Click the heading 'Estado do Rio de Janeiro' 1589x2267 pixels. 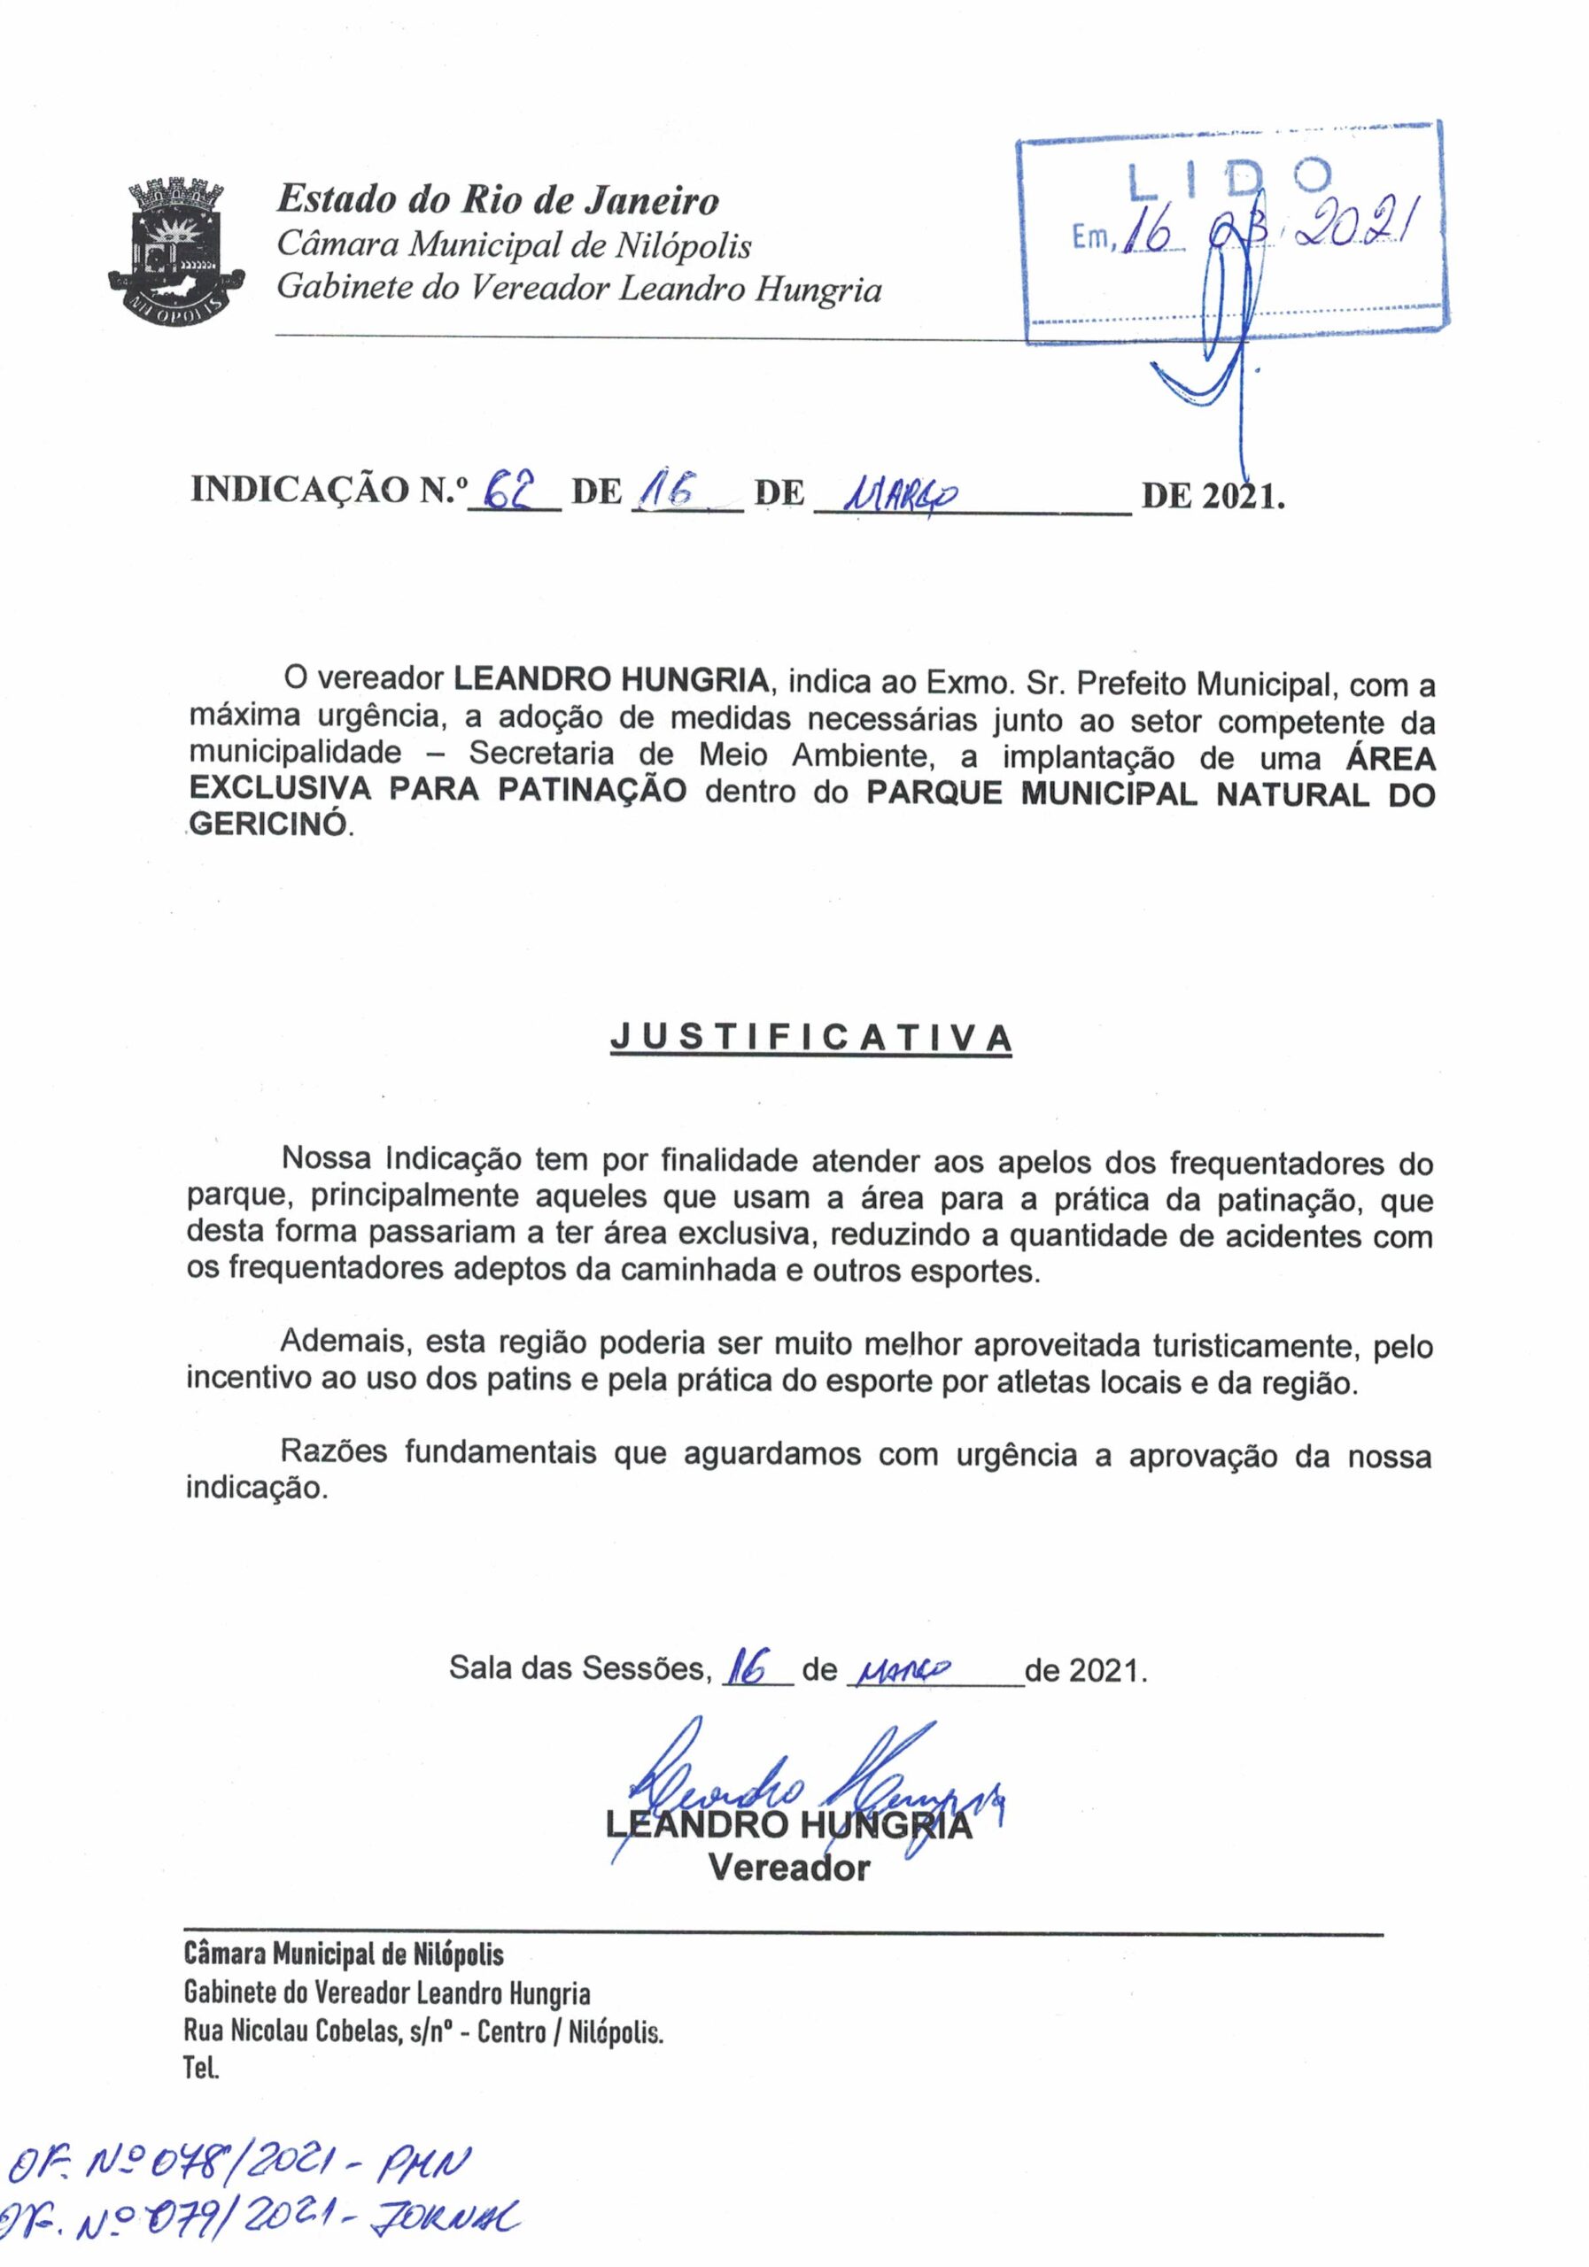(497, 200)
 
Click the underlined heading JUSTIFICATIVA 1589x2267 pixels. (810, 1037)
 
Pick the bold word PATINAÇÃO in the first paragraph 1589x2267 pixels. (592, 791)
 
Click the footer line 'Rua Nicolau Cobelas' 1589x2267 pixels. (422, 2033)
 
